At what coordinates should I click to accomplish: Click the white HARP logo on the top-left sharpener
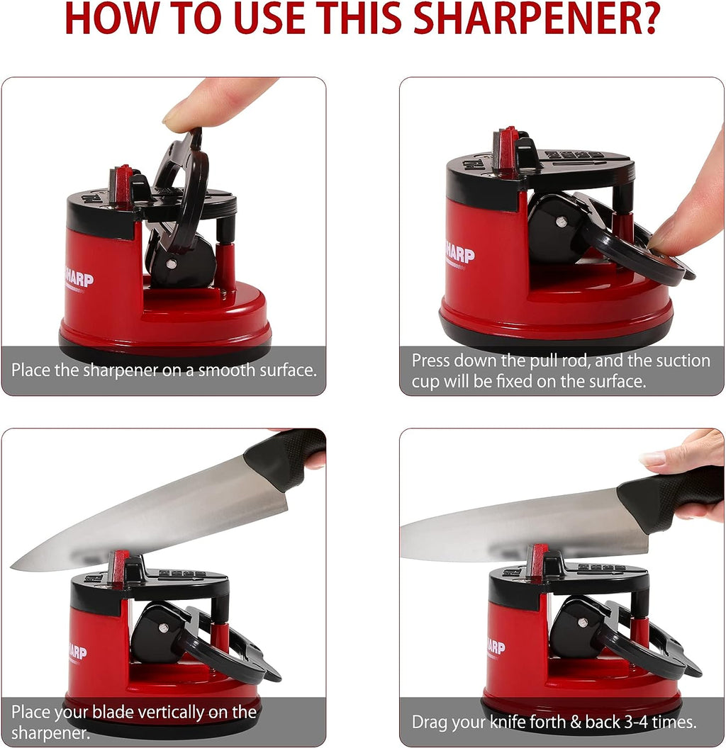79,278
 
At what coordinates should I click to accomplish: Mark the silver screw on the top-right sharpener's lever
560,222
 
